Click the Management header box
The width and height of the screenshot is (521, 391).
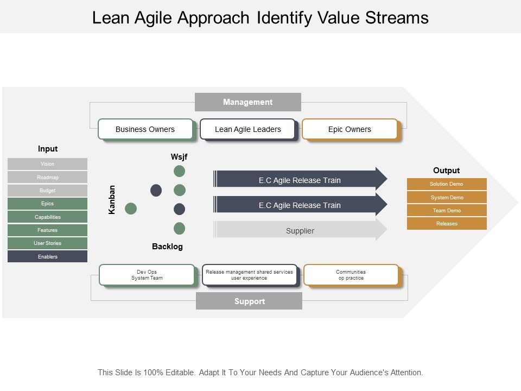(247, 102)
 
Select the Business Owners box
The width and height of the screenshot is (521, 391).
(145, 129)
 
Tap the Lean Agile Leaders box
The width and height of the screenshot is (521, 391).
(247, 129)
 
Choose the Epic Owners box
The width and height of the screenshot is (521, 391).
(350, 129)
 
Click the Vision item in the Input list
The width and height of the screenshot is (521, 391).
(47, 164)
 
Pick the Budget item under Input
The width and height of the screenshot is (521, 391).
(47, 191)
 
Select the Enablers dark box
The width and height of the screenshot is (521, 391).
(47, 256)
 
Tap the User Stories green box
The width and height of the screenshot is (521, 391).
(47, 243)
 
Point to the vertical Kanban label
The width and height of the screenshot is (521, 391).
(112, 199)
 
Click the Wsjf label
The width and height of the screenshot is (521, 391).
(179, 157)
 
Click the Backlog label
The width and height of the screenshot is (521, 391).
(167, 247)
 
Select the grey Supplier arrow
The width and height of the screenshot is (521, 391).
(300, 230)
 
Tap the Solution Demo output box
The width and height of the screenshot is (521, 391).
(447, 184)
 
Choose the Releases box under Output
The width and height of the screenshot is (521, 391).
(447, 224)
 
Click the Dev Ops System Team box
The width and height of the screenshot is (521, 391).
(147, 275)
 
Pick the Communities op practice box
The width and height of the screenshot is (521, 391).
(351, 275)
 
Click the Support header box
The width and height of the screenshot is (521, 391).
(249, 301)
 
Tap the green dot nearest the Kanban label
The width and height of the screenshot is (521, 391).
(131, 208)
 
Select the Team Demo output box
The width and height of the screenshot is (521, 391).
(447, 211)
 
